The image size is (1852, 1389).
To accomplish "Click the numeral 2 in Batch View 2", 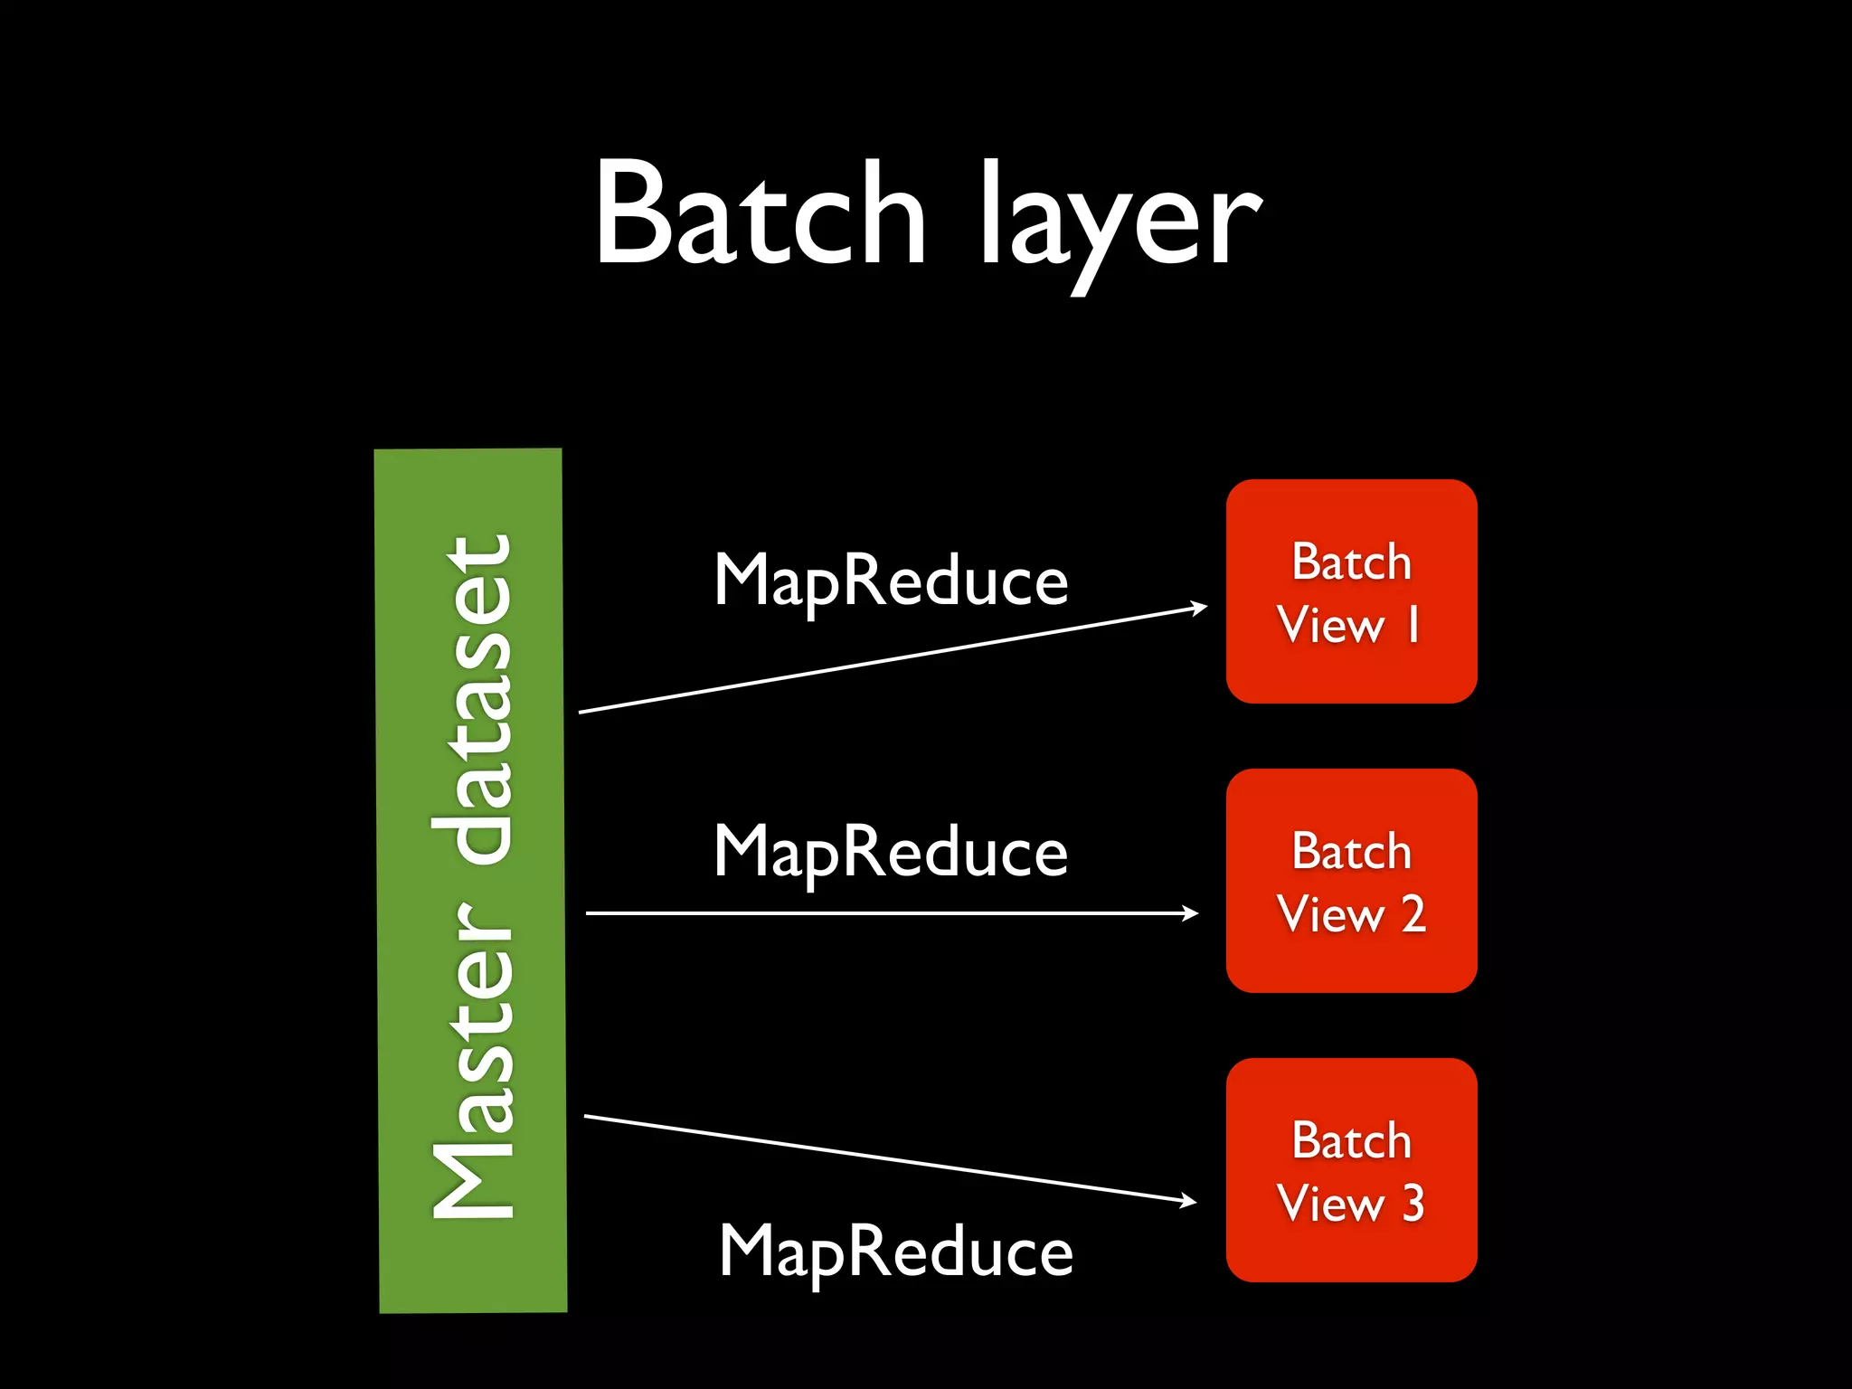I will pos(1413,914).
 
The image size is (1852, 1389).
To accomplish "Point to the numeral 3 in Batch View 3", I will pos(1413,1204).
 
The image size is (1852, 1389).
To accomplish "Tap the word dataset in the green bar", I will pos(473,701).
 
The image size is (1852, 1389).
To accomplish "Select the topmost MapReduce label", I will pos(891,581).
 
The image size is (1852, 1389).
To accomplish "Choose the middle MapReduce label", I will pos(891,853).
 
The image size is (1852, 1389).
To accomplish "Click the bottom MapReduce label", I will pos(895,1252).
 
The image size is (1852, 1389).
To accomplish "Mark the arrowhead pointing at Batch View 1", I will pos(1200,608).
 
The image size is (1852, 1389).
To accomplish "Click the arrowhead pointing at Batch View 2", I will pos(1191,913).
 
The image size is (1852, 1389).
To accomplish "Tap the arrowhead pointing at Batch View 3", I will pos(1189,1201).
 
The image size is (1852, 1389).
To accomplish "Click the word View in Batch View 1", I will pos(1330,625).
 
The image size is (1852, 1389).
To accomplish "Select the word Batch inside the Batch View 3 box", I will pos(1351,1140).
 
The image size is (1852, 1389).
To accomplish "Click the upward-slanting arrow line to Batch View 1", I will pos(891,660).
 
